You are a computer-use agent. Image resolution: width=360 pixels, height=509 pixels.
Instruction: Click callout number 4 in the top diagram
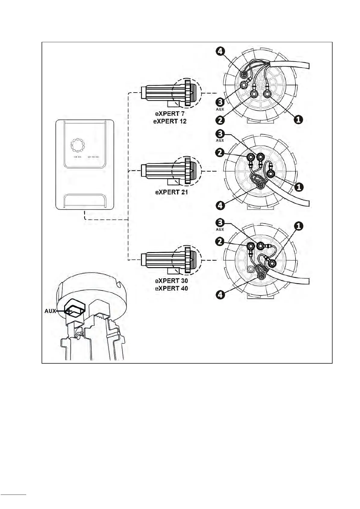click(x=220, y=51)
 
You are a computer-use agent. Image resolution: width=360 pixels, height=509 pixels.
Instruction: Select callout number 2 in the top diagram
click(x=220, y=120)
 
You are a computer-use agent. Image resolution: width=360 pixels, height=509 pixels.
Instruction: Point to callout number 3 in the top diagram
click(x=220, y=102)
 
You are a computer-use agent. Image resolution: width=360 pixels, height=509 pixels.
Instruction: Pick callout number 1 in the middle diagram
click(x=299, y=187)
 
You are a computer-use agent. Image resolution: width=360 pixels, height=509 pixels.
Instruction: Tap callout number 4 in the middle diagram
click(x=220, y=206)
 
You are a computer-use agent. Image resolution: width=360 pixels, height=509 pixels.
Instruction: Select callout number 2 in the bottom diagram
click(x=220, y=241)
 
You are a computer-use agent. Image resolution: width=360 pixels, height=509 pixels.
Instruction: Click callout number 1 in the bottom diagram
click(x=299, y=226)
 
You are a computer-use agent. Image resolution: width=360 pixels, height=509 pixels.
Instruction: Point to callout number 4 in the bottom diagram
click(x=220, y=295)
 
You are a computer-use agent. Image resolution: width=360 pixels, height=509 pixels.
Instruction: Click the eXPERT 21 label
click(x=171, y=192)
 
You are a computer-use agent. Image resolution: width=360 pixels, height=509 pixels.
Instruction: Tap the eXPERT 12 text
click(x=170, y=121)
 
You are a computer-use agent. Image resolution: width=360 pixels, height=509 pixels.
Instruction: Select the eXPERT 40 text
click(x=171, y=288)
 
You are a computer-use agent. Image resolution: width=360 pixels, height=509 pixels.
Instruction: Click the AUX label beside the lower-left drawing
click(x=50, y=311)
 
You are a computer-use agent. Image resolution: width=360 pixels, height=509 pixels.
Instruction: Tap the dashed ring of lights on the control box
click(x=78, y=145)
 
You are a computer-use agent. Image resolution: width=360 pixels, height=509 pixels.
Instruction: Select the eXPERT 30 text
click(x=171, y=281)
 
